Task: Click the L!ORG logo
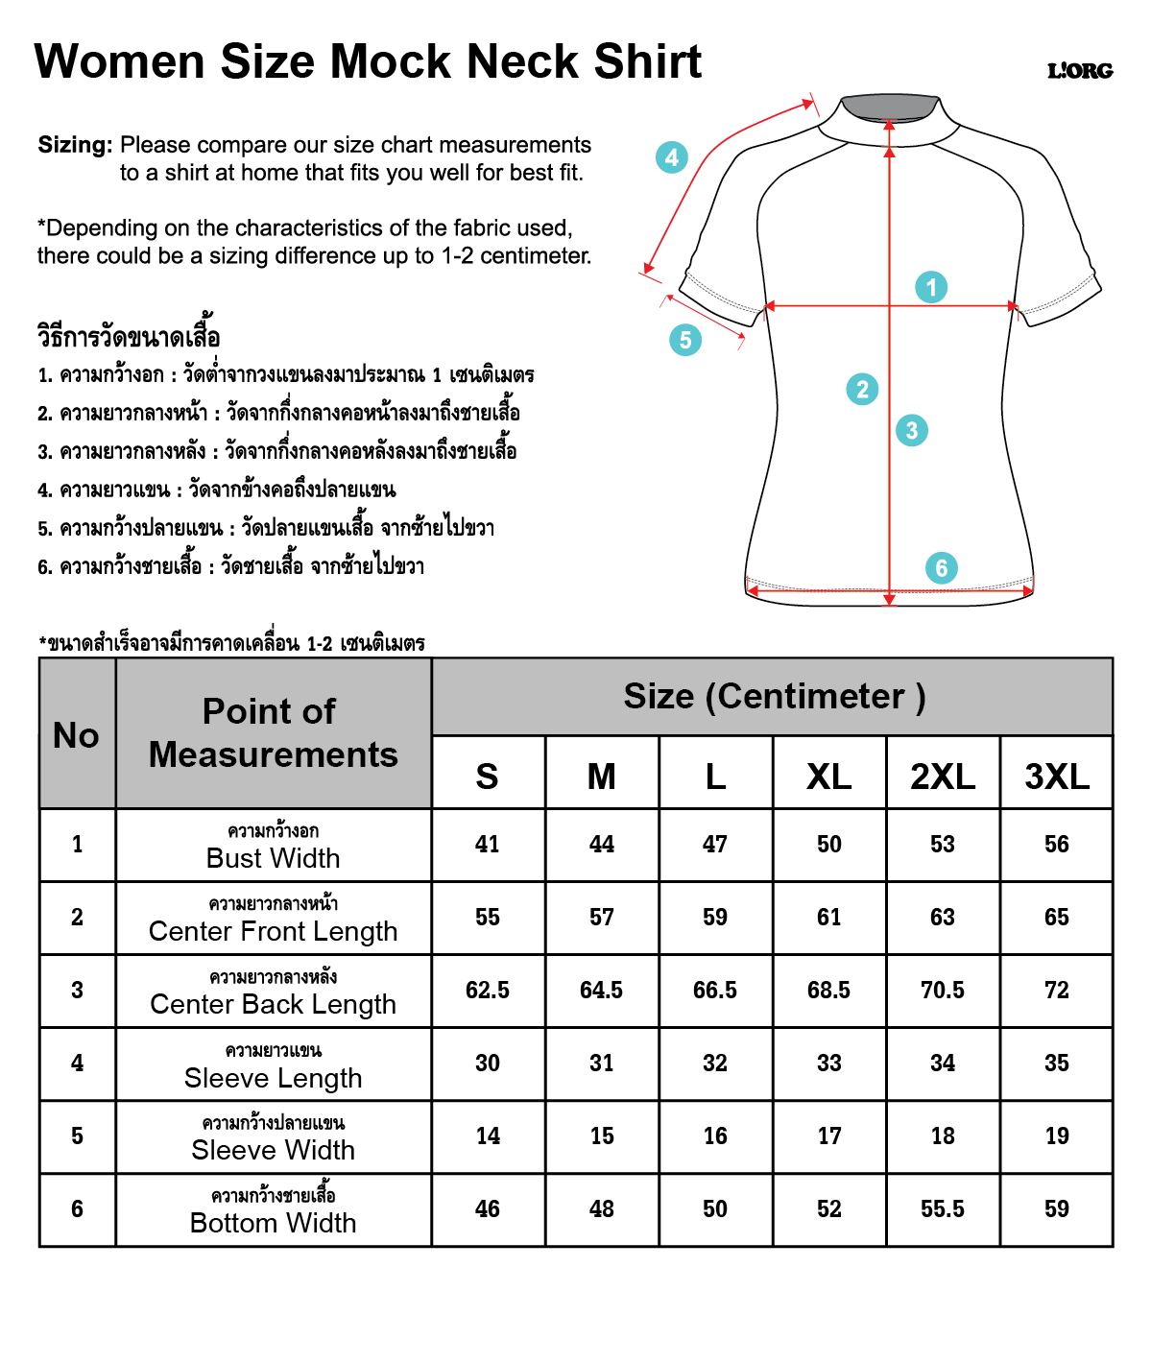point(1080,70)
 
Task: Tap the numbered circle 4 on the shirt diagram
point(672,156)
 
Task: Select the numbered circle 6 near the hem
point(942,568)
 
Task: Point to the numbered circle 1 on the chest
point(931,287)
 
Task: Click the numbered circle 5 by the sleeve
point(685,339)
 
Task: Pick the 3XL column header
point(1057,776)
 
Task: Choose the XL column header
point(829,776)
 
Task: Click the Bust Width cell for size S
point(488,845)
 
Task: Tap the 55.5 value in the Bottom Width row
point(943,1209)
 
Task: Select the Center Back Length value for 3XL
point(1057,991)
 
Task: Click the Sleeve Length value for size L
point(715,1064)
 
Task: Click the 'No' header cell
point(77,735)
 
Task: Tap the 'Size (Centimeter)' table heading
point(774,697)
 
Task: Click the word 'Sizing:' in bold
point(76,145)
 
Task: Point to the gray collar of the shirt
point(889,107)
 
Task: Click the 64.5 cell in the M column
point(602,991)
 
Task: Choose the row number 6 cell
point(77,1209)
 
